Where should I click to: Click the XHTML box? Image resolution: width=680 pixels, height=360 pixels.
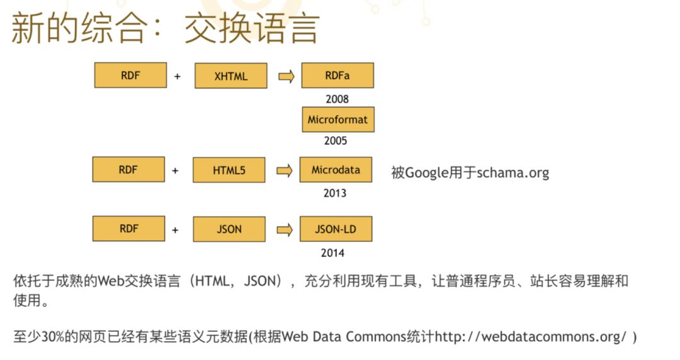click(x=230, y=76)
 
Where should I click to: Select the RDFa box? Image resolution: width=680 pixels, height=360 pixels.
click(x=337, y=76)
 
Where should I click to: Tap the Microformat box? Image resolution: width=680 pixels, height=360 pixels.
click(x=337, y=120)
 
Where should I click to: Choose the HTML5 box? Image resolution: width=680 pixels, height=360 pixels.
click(x=229, y=170)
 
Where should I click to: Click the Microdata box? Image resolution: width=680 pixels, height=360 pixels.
click(x=336, y=170)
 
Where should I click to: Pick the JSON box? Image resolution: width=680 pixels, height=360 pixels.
click(x=229, y=229)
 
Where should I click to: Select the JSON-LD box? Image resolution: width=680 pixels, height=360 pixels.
click(x=336, y=229)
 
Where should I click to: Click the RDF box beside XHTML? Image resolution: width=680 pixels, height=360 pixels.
click(x=130, y=76)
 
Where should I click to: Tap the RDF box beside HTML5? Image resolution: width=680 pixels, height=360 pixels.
click(x=128, y=170)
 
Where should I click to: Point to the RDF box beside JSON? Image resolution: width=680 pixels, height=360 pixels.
click(x=128, y=228)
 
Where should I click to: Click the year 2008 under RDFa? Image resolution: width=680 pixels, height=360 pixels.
click(x=337, y=99)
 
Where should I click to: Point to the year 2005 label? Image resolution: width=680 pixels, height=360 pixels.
click(x=336, y=141)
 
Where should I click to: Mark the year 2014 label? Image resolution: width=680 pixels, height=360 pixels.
click(x=334, y=253)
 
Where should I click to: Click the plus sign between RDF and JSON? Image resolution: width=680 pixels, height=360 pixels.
click(x=175, y=230)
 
